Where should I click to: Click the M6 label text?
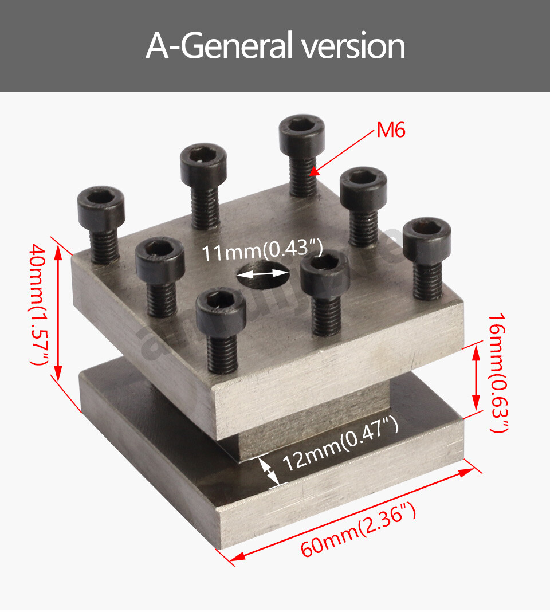pos(391,131)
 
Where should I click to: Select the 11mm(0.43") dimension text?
pos(262,252)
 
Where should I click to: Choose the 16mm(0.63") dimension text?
pos(497,372)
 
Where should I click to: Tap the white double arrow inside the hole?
pos(262,274)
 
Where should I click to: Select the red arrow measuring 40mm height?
pos(57,312)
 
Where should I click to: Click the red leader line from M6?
pos(344,150)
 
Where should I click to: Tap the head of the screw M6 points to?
pos(301,131)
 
